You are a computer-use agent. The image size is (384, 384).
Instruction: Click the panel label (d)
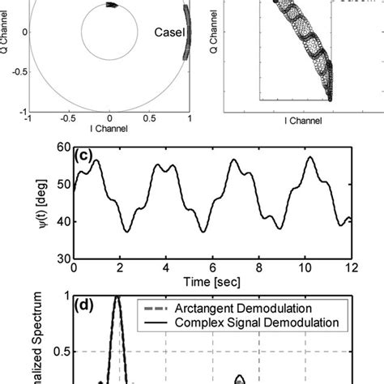pyautogui.click(x=83, y=307)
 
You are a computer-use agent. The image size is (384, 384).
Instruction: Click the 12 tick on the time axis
pyautogui.click(x=349, y=267)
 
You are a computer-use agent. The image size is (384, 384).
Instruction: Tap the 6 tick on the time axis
pyautogui.click(x=211, y=267)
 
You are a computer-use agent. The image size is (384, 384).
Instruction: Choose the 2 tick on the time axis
pyautogui.click(x=119, y=267)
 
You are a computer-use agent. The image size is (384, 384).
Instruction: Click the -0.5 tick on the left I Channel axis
pyautogui.click(x=70, y=118)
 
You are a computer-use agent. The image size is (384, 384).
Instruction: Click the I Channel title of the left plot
pyautogui.click(x=109, y=128)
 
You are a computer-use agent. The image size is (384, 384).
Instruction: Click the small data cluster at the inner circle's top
pyautogui.click(x=111, y=6)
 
